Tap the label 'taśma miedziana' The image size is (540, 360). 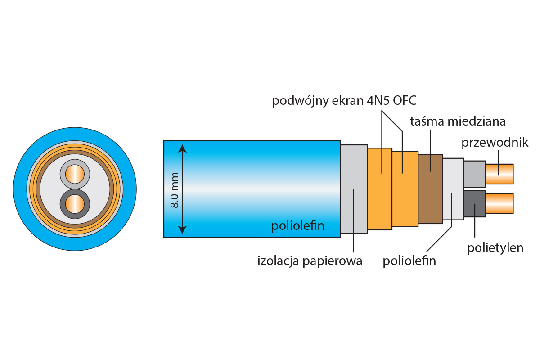point(458,121)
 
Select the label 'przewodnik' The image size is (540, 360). point(495,143)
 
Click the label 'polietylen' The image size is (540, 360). point(495,247)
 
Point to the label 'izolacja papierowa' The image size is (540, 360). point(310,261)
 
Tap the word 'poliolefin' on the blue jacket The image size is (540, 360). point(297,225)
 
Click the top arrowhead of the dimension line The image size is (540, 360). point(182,148)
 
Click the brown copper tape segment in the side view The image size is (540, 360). point(430,189)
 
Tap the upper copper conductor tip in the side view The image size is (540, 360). point(499,174)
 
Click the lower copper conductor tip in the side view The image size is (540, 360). point(499,203)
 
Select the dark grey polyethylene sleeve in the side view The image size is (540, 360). point(474,204)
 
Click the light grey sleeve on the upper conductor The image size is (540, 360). point(474,174)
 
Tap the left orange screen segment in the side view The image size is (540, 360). point(379,189)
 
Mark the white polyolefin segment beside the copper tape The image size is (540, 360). point(453,189)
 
